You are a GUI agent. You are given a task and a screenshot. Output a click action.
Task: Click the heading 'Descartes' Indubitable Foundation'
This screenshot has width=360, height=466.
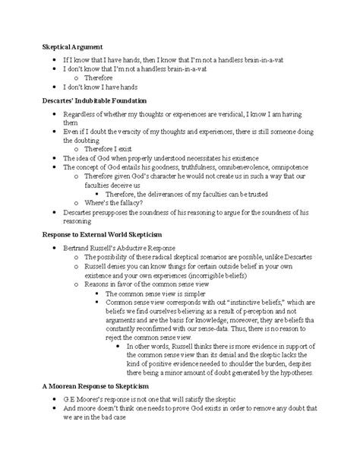click(94, 100)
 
